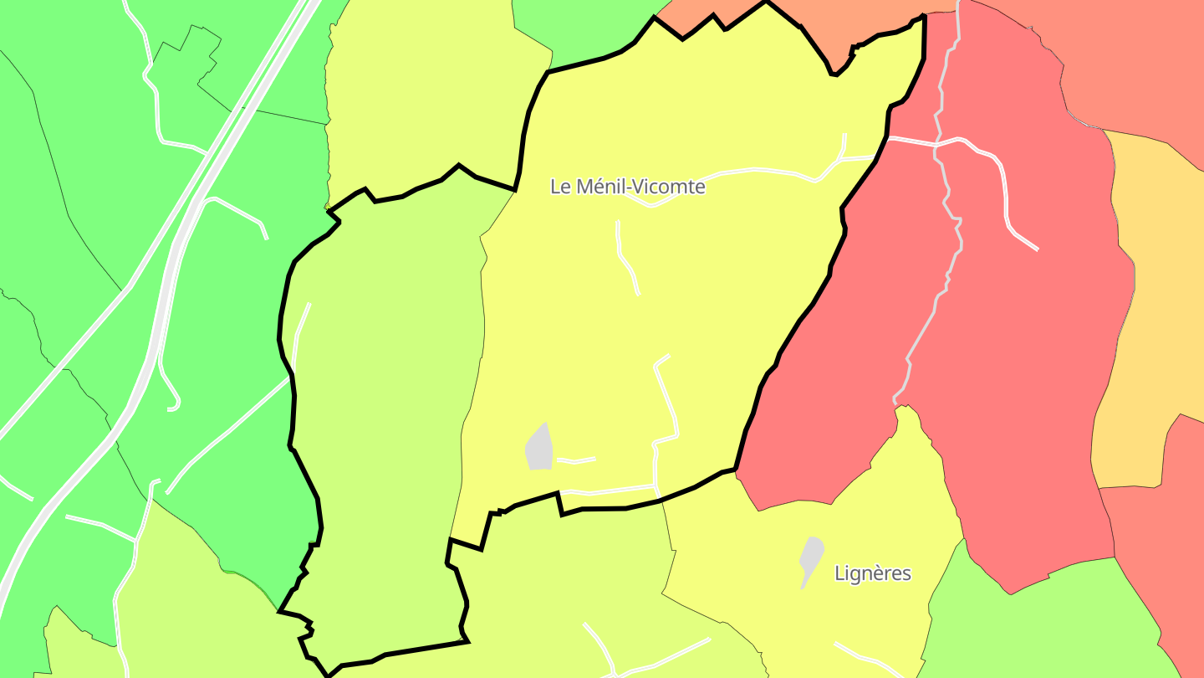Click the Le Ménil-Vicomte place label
click(x=627, y=187)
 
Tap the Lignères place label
click(x=872, y=573)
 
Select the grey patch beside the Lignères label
click(x=810, y=557)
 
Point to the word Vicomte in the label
click(x=668, y=187)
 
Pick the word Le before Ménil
click(x=559, y=187)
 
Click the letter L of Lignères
click(x=839, y=573)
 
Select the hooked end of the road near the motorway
click(x=174, y=407)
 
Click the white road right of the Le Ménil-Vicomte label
click(x=752, y=172)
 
